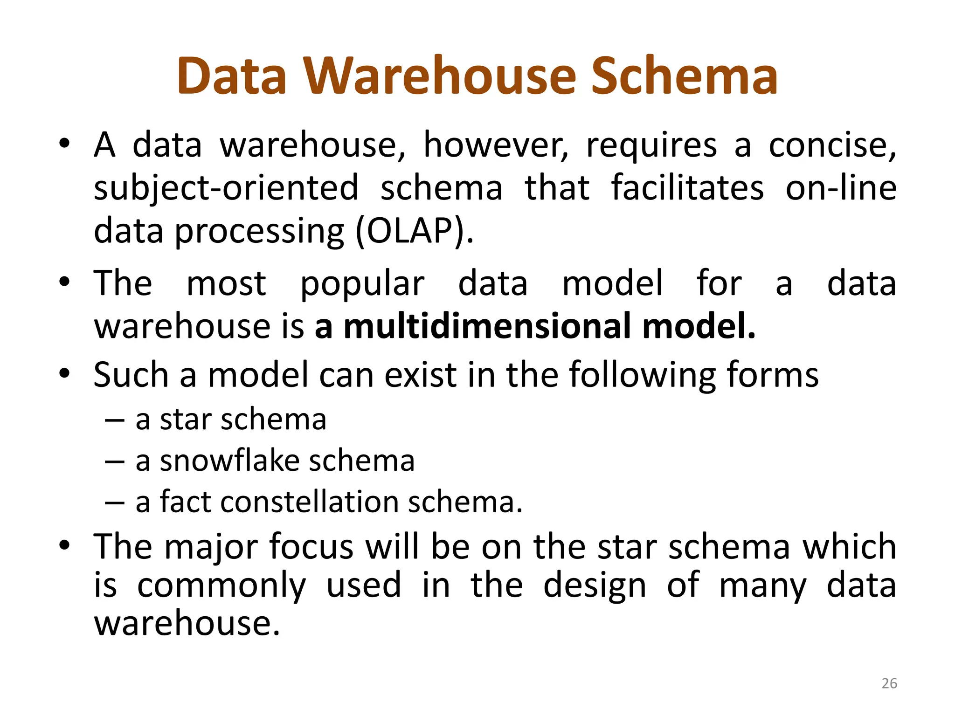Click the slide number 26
pyautogui.click(x=889, y=683)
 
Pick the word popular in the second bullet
pyautogui.click(x=362, y=284)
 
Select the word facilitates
pyautogui.click(x=687, y=188)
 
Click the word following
pyautogui.click(x=642, y=375)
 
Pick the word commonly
pyautogui.click(x=221, y=586)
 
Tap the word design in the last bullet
pyautogui.click(x=595, y=586)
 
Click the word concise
pyautogui.click(x=832, y=145)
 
